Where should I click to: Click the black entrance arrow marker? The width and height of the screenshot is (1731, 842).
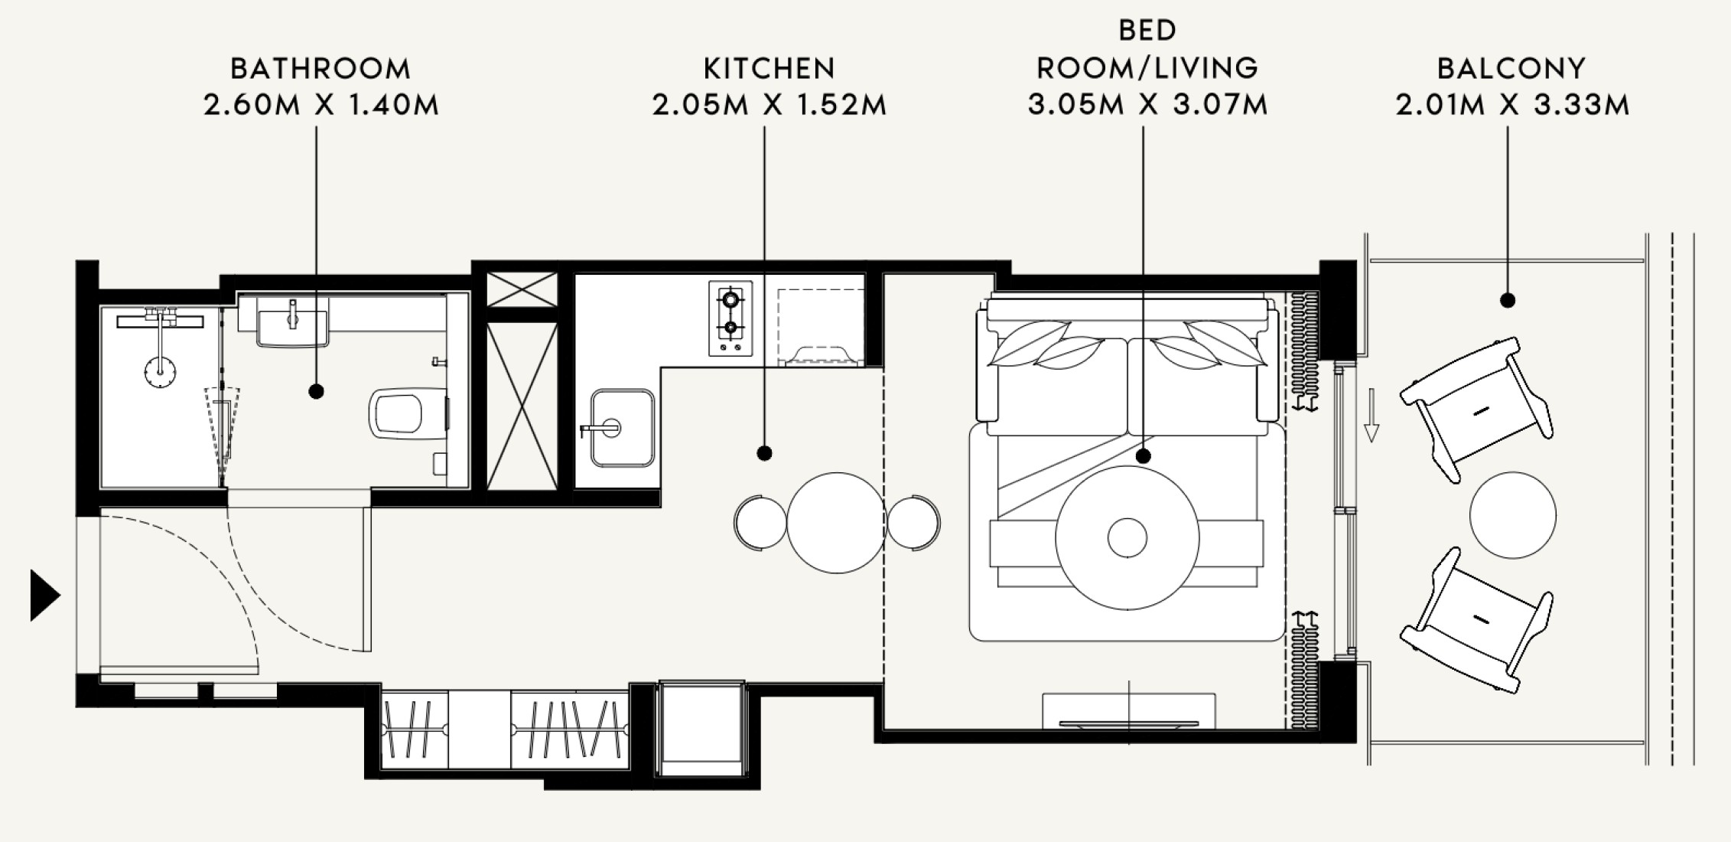[x=44, y=595]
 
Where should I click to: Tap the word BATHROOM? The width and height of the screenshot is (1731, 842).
[x=320, y=69]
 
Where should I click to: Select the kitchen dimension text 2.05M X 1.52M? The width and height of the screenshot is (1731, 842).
[x=770, y=105]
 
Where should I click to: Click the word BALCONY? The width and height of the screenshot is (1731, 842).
[x=1511, y=69]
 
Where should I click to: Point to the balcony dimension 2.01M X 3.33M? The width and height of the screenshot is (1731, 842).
[x=1512, y=105]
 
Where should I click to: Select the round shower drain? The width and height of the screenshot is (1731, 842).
[x=160, y=374]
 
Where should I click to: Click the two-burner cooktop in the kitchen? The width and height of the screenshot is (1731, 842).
[x=730, y=318]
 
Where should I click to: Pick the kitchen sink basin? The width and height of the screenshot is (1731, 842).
[x=622, y=428]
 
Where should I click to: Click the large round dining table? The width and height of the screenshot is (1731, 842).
[x=836, y=523]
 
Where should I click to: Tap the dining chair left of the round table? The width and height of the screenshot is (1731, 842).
[x=760, y=523]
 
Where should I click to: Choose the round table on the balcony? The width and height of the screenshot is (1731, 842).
[x=1512, y=514]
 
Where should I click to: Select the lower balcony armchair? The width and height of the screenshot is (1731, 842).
[x=1476, y=620]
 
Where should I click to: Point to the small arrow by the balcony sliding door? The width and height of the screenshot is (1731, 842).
[x=1371, y=416]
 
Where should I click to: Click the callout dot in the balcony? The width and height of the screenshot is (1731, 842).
[x=1508, y=301]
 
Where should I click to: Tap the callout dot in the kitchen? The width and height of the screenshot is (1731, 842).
[x=764, y=453]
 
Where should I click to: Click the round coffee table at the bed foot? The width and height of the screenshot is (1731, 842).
[x=1127, y=537]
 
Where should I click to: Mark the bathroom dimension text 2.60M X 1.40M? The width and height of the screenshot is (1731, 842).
[x=321, y=105]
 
